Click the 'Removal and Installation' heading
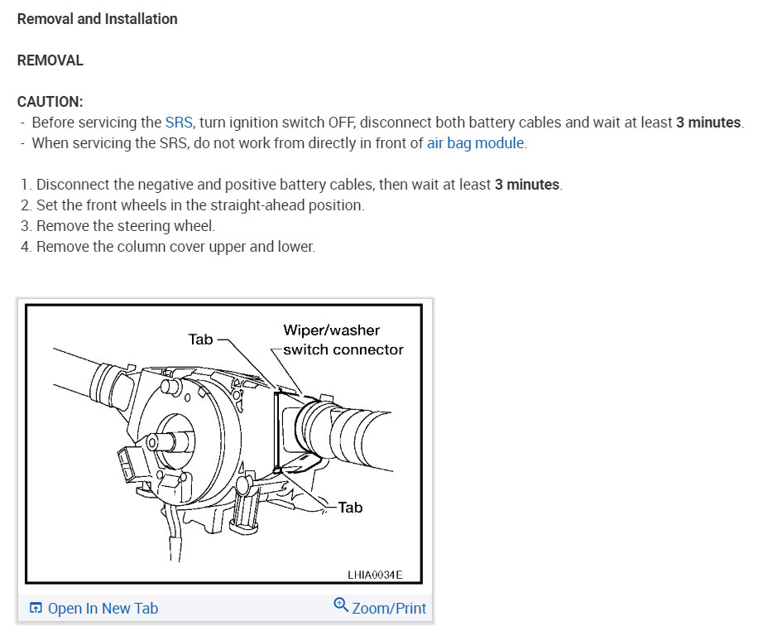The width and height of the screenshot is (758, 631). [x=97, y=18]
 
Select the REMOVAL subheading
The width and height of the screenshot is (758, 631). [x=50, y=60]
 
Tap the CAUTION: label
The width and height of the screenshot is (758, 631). [x=50, y=101]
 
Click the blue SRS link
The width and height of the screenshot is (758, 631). [x=179, y=123]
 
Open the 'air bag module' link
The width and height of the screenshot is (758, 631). [x=475, y=143]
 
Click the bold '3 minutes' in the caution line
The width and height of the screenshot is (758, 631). [x=708, y=123]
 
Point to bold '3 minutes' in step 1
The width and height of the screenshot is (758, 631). [x=527, y=185]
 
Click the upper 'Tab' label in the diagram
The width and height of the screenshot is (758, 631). [x=200, y=339]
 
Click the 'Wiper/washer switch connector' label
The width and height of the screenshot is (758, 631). [x=342, y=340]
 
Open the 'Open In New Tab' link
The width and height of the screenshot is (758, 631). [x=103, y=609]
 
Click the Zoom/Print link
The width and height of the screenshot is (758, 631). [x=389, y=609]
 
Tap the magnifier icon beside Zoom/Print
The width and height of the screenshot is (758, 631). [x=341, y=605]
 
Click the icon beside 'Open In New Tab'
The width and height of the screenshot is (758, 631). [x=36, y=609]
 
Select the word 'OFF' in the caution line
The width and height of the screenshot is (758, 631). [x=341, y=123]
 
